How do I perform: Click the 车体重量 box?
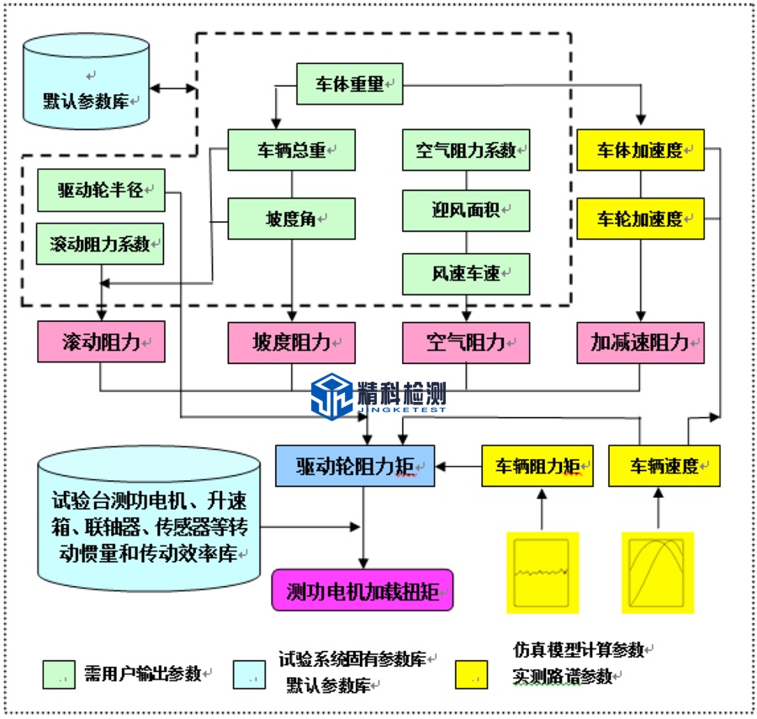pyautogui.click(x=349, y=84)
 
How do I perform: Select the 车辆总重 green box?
pyautogui.click(x=291, y=151)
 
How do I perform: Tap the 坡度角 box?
pyautogui.click(x=291, y=219)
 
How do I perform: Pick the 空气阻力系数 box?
pyautogui.click(x=466, y=151)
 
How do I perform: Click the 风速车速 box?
pyautogui.click(x=466, y=273)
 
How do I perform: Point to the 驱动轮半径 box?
pyautogui.click(x=101, y=191)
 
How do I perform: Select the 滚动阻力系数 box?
pyautogui.click(x=100, y=244)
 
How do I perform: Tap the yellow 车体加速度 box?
pyautogui.click(x=640, y=151)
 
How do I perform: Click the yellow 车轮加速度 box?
pyautogui.click(x=640, y=219)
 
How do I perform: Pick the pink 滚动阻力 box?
pyautogui.click(x=100, y=343)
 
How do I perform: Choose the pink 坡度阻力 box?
pyautogui.click(x=291, y=343)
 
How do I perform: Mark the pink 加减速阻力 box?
pyautogui.click(x=640, y=343)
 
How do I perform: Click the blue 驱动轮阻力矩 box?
pyautogui.click(x=355, y=466)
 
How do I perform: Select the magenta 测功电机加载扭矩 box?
pyautogui.click(x=363, y=589)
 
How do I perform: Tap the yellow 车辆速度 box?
pyautogui.click(x=665, y=466)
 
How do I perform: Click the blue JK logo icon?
pyautogui.click(x=333, y=395)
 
